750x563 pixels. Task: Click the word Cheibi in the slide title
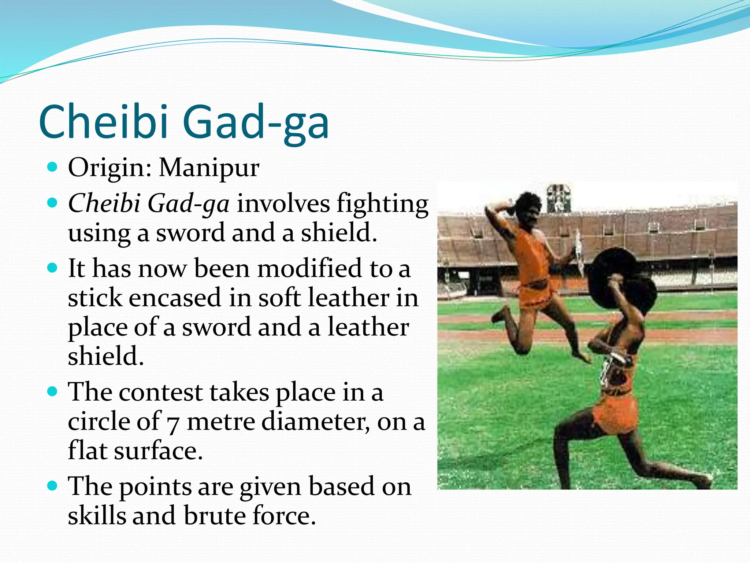pos(104,122)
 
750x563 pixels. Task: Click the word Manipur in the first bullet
pos(209,168)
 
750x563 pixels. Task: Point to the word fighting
pos(382,204)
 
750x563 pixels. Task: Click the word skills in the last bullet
pos(96,516)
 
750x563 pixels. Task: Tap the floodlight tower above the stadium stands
pos(558,198)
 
